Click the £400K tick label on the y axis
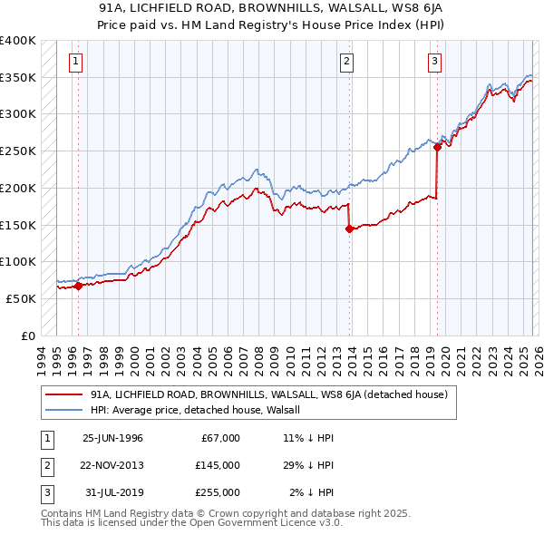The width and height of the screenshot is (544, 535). [x=18, y=41]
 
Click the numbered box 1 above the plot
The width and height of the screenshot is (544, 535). [x=74, y=62]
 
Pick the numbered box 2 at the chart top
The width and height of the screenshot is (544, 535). [x=347, y=62]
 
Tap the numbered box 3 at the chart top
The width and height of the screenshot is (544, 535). [x=435, y=62]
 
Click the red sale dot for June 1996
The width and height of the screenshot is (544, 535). [x=78, y=286]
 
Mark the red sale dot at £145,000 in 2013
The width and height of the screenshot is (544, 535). [x=349, y=229]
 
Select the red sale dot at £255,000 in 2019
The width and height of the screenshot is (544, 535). [x=437, y=147]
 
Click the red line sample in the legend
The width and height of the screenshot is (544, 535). [x=64, y=394]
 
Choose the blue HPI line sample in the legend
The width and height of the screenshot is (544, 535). [x=64, y=410]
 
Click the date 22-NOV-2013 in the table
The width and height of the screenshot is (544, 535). [x=112, y=465]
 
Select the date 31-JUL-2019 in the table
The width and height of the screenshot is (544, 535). [x=112, y=492]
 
